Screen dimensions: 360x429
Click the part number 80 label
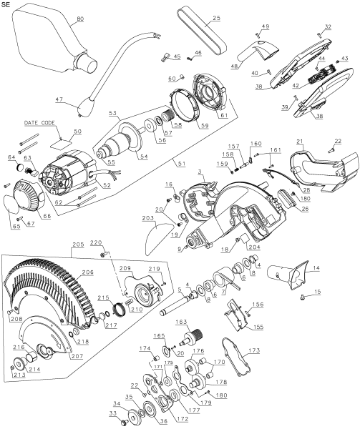[80, 19]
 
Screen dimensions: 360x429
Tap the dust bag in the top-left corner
[52, 39]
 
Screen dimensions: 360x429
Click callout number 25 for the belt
[217, 18]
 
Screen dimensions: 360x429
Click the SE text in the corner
[6, 5]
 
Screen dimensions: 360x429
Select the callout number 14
[316, 268]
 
